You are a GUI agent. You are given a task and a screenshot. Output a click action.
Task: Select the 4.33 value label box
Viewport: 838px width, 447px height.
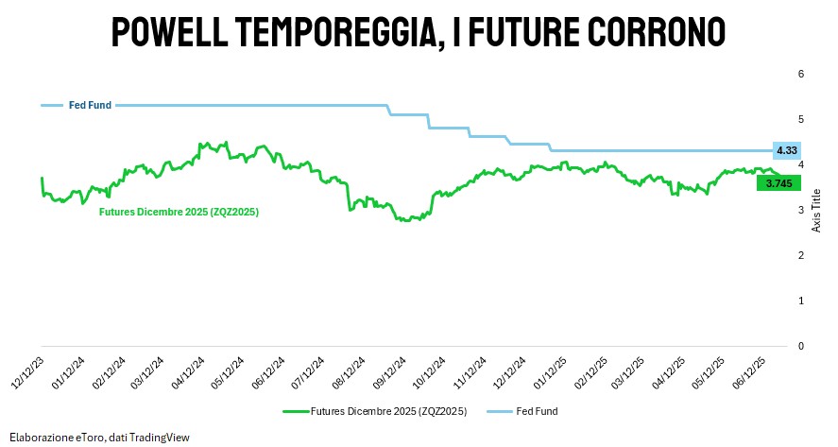(x=786, y=150)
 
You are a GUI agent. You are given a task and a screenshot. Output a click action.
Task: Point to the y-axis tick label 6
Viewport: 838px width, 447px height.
(x=800, y=74)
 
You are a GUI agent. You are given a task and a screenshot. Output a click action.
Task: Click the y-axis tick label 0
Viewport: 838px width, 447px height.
(x=800, y=346)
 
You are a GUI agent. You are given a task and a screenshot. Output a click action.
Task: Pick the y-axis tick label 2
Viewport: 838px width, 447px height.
(x=800, y=255)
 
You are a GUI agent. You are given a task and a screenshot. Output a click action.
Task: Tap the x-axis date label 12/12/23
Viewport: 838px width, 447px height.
(x=28, y=370)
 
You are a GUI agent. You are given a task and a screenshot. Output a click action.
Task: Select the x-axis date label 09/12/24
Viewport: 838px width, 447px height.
(x=390, y=370)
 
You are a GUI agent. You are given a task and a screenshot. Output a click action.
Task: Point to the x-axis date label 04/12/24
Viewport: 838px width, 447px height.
(x=189, y=370)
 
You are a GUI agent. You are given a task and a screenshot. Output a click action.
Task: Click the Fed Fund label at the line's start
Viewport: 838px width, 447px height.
(x=91, y=105)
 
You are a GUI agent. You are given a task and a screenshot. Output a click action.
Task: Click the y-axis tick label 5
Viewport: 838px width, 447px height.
(x=800, y=119)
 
